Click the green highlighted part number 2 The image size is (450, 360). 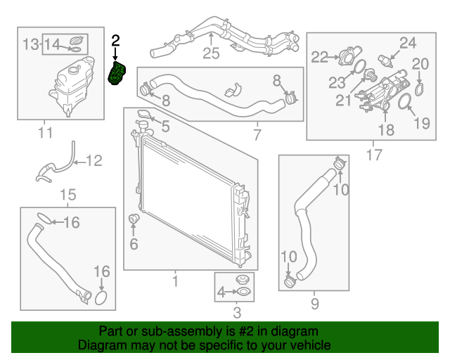pyautogui.click(x=117, y=73)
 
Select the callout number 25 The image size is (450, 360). pyautogui.click(x=212, y=53)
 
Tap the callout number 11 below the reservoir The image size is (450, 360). pyautogui.click(x=45, y=131)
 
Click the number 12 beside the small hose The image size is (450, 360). pyautogui.click(x=94, y=161)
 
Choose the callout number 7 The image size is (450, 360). pyautogui.click(x=256, y=133)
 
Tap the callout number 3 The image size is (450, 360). pyautogui.click(x=236, y=312)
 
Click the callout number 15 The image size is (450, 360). pyautogui.click(x=67, y=195)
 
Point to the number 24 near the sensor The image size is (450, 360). pyautogui.click(x=409, y=42)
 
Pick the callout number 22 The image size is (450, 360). pyautogui.click(x=320, y=57)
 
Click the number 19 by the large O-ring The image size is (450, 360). pyautogui.click(x=420, y=124)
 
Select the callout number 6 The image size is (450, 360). pyautogui.click(x=134, y=245)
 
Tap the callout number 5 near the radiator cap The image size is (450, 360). pyautogui.click(x=165, y=127)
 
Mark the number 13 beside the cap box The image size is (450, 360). pyautogui.click(x=30, y=45)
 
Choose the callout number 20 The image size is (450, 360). pyautogui.click(x=420, y=64)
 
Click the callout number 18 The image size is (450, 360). pyautogui.click(x=386, y=129)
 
